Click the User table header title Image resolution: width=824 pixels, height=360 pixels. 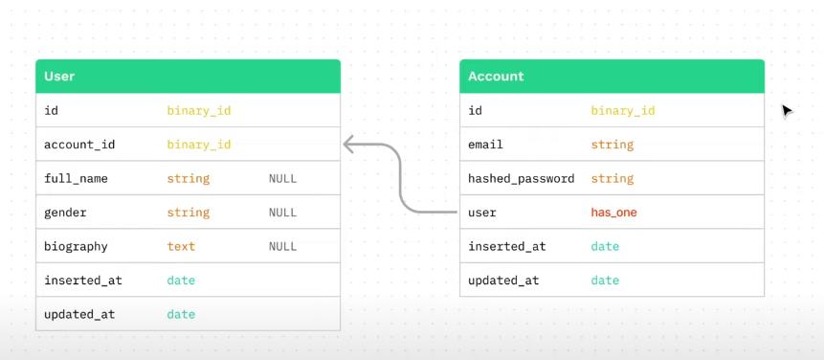pos(59,77)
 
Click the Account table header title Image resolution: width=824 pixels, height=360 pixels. pos(496,77)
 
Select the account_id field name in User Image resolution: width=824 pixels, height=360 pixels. pos(79,145)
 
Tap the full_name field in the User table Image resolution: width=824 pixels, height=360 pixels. pos(76,179)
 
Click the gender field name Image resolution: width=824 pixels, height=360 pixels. pos(65,213)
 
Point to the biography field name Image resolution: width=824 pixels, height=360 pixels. pos(76,246)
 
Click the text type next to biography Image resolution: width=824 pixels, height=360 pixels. pos(181,246)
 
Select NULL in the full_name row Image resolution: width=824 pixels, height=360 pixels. pos(282,179)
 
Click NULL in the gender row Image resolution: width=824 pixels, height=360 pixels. pos(282,213)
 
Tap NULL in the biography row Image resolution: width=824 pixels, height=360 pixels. pos(282,246)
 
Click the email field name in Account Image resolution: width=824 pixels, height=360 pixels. pos(485,145)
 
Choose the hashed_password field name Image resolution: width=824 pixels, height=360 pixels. pos(521,179)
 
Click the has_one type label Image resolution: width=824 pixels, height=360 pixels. pos(613,213)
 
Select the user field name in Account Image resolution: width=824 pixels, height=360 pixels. pos(482,213)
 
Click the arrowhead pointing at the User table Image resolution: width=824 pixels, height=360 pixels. pos(349,145)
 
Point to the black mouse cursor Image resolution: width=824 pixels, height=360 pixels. pos(787,111)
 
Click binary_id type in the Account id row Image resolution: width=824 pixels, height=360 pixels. pos(623,111)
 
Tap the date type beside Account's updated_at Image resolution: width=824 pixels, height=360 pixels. pos(605,281)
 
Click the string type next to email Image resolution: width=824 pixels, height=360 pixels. pos(612,145)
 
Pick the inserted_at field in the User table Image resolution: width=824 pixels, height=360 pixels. pos(83,281)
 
